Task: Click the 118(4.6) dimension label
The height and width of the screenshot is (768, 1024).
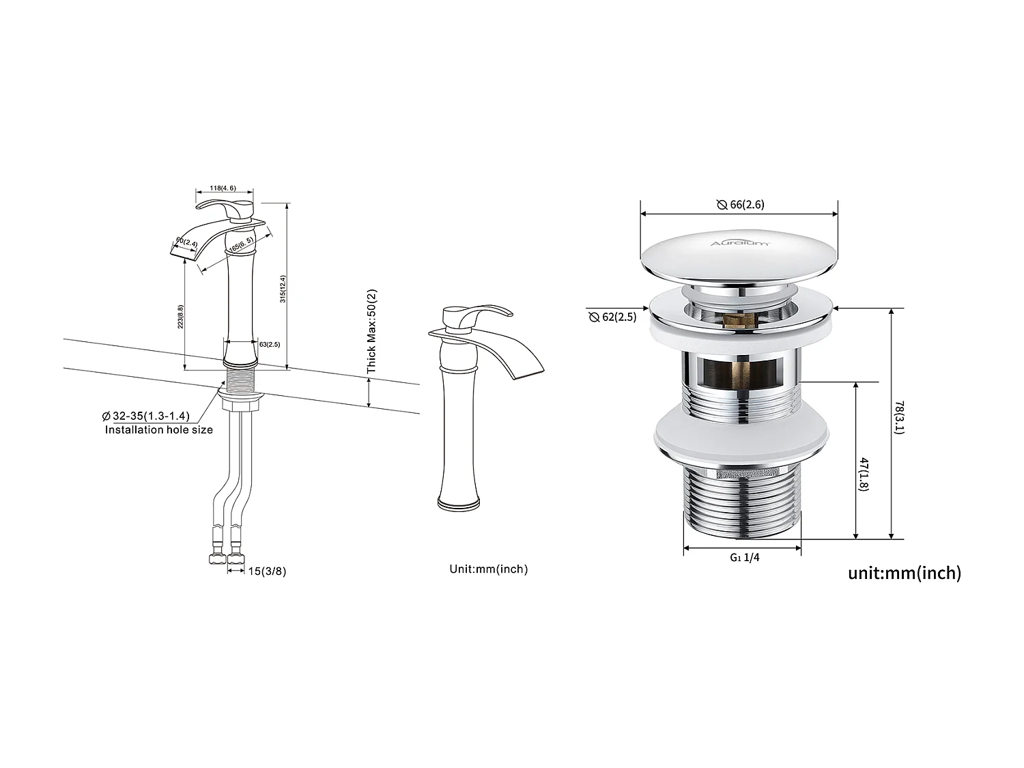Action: pyautogui.click(x=224, y=188)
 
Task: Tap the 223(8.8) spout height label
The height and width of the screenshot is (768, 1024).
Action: pyautogui.click(x=180, y=317)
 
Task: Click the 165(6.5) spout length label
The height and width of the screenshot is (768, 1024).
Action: pyautogui.click(x=242, y=246)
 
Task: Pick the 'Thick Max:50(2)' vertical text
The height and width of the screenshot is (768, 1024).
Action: pyautogui.click(x=371, y=330)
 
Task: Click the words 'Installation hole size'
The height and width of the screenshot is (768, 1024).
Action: pyautogui.click(x=158, y=430)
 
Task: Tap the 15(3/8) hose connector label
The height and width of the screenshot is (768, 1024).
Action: pyautogui.click(x=267, y=571)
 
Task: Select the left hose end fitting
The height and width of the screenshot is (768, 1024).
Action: pyautogui.click(x=217, y=559)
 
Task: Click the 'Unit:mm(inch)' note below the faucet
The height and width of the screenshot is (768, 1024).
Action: pyautogui.click(x=488, y=569)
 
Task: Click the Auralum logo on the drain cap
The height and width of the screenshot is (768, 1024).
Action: pyautogui.click(x=740, y=242)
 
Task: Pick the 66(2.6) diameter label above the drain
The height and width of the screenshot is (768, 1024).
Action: pyautogui.click(x=740, y=205)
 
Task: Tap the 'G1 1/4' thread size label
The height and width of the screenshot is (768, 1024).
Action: pyautogui.click(x=744, y=557)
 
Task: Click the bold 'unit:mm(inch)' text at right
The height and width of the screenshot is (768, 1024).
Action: pyautogui.click(x=904, y=573)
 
